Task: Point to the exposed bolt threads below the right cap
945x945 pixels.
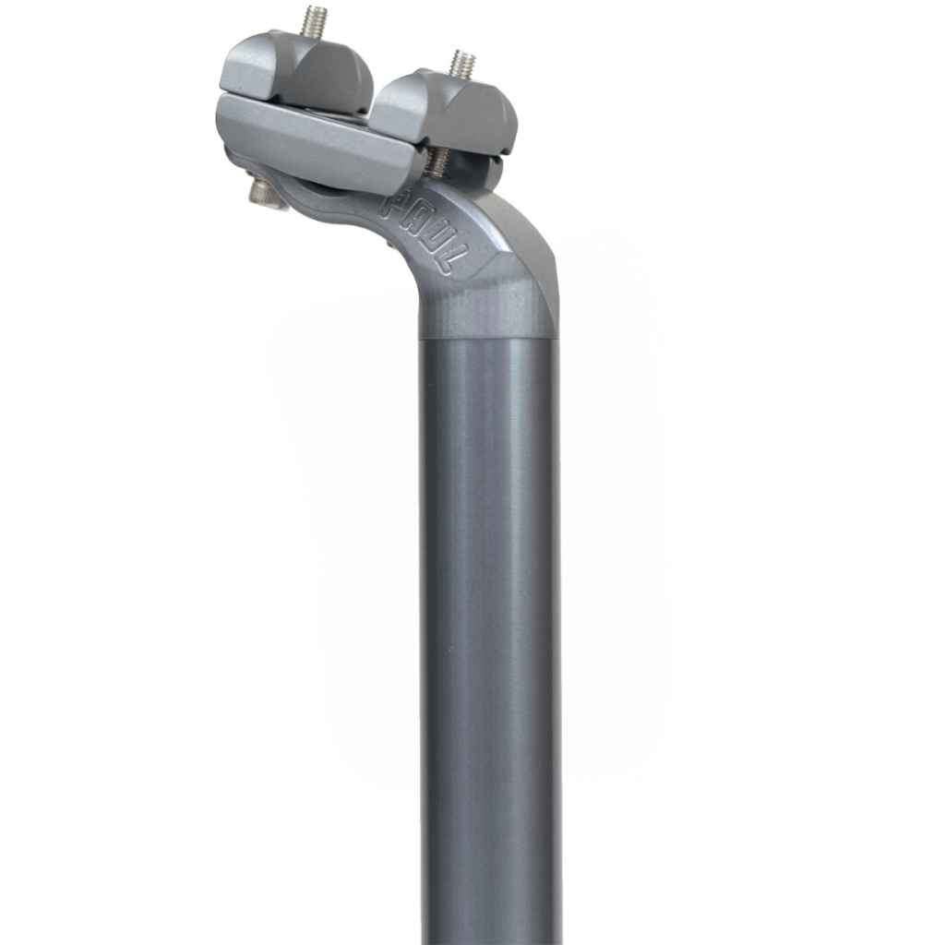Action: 437,163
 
